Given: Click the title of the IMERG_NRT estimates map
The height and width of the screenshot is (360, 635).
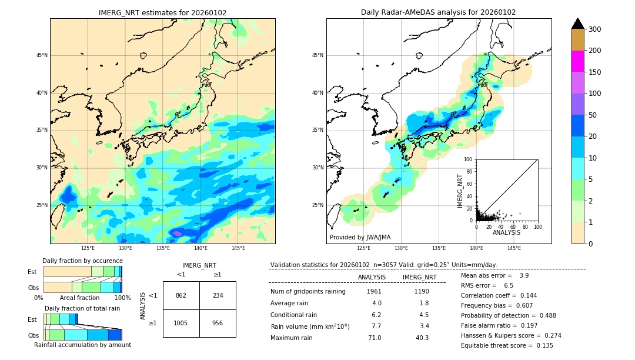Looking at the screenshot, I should click(x=162, y=12).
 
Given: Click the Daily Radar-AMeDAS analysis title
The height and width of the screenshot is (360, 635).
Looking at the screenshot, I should click(x=439, y=12).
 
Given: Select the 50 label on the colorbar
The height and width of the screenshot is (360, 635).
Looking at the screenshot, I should click(x=594, y=115).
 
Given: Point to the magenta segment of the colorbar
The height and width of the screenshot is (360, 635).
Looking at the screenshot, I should click(x=577, y=61).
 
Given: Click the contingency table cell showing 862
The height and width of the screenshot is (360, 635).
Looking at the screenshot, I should click(x=181, y=295).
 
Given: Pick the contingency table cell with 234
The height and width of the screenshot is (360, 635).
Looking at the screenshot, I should click(x=218, y=295).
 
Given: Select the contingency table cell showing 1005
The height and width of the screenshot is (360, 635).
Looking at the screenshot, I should click(x=181, y=323).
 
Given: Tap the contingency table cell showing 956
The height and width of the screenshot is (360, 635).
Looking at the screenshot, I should click(x=218, y=323).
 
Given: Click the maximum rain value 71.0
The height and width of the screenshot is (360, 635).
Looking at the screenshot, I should click(x=375, y=338).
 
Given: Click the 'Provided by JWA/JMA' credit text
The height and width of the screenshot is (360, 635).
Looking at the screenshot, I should click(x=360, y=237).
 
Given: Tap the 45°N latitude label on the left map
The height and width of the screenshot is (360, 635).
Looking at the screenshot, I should click(x=41, y=55).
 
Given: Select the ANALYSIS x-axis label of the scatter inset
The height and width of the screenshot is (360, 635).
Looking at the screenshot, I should click(x=506, y=232).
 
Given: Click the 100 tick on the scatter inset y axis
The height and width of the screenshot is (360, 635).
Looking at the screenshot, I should click(x=469, y=159).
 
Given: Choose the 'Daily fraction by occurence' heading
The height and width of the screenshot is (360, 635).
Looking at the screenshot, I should click(x=82, y=261).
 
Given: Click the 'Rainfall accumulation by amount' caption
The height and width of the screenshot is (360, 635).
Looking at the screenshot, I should click(x=82, y=345).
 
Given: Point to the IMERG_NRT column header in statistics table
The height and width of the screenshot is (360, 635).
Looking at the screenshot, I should click(x=419, y=277).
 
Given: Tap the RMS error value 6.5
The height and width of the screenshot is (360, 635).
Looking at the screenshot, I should click(x=509, y=285).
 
